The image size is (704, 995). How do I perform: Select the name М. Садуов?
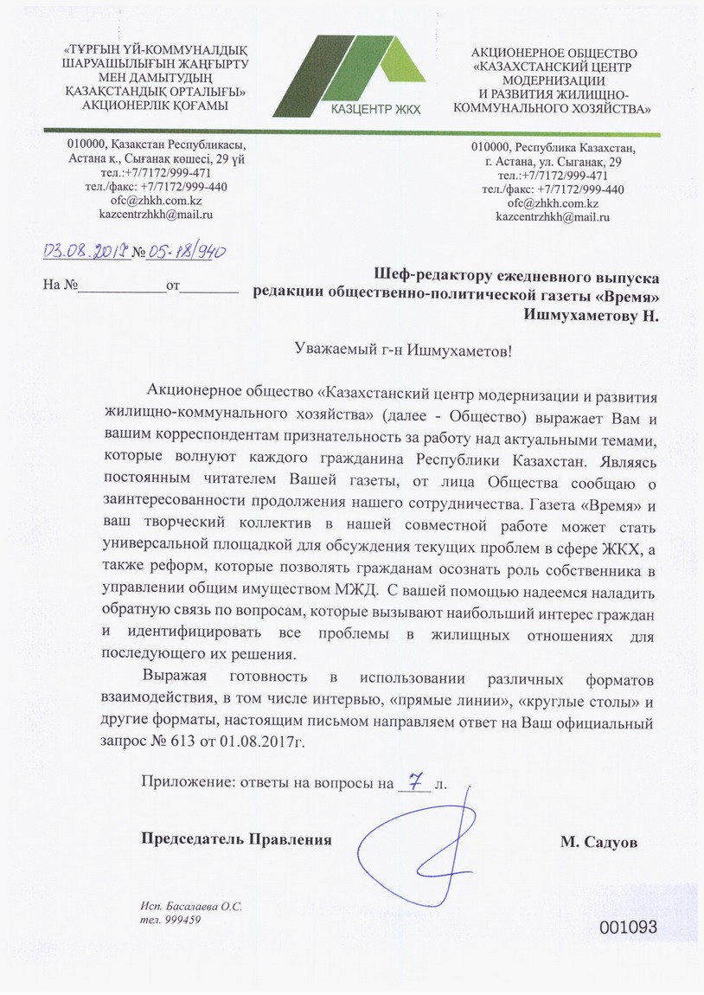(596, 841)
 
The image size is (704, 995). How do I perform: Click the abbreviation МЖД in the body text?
(362, 591)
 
